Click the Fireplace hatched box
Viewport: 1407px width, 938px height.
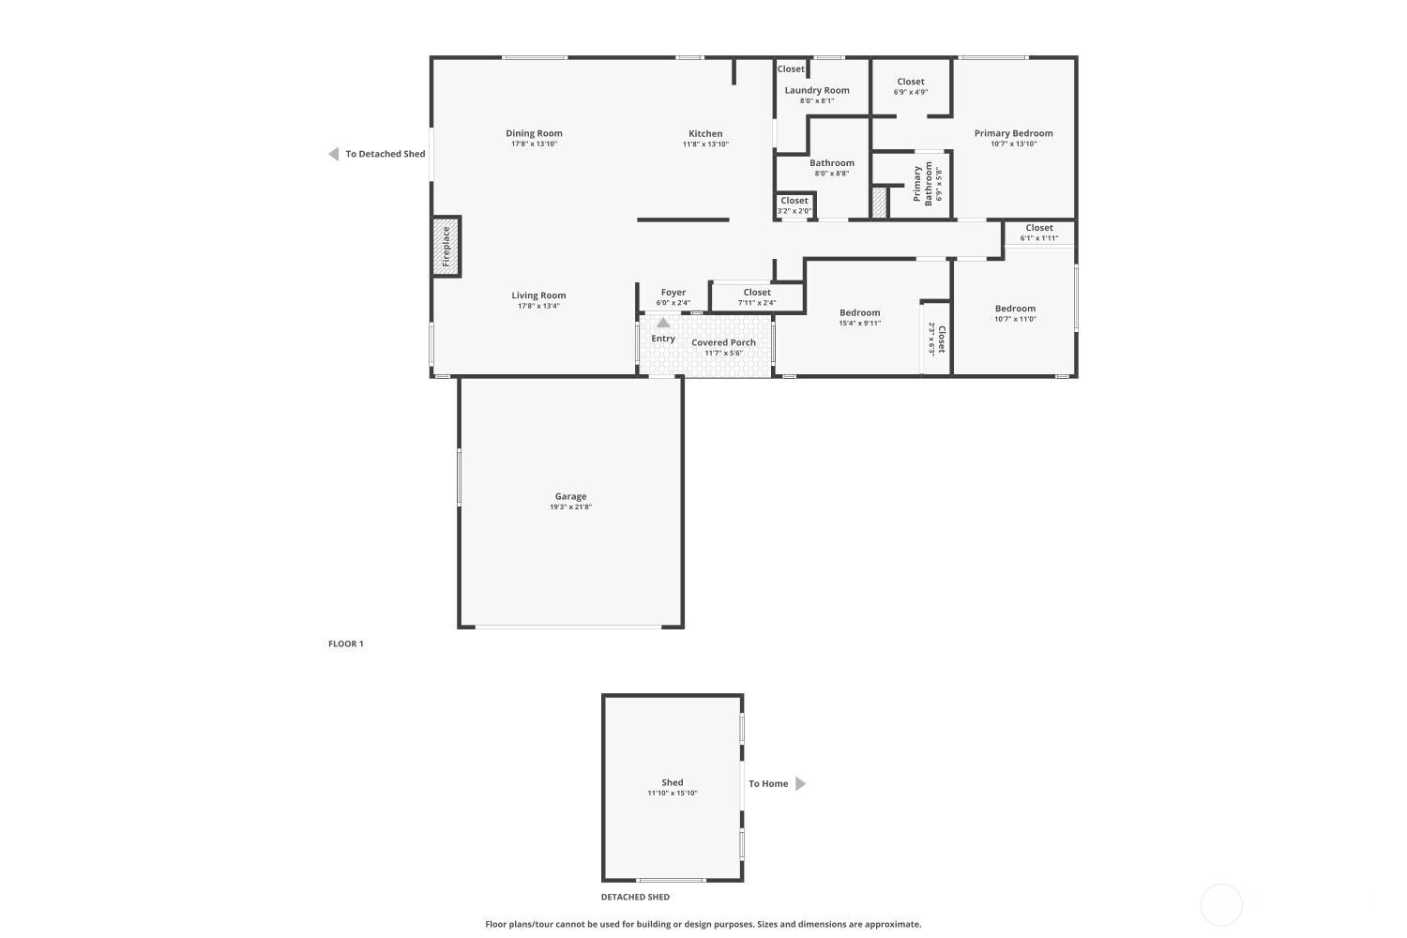(446, 247)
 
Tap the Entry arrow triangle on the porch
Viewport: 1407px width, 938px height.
(662, 323)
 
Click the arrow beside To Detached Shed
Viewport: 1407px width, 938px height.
(334, 154)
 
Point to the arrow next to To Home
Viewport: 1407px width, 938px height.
(800, 783)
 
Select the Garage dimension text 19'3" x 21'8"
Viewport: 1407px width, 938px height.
(570, 507)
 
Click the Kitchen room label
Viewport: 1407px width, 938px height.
(705, 133)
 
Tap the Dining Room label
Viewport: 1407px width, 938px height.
(534, 133)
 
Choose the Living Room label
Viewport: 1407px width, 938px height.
(538, 295)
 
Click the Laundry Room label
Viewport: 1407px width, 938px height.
(817, 90)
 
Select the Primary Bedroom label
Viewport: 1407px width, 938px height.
(1013, 133)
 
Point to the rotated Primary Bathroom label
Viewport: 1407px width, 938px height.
(923, 184)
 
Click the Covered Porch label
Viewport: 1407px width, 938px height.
(723, 342)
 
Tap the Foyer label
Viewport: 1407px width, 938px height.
(673, 292)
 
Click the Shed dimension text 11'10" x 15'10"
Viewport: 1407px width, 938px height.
(673, 793)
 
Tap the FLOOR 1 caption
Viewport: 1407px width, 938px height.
(345, 643)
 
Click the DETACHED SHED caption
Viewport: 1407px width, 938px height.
(635, 897)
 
